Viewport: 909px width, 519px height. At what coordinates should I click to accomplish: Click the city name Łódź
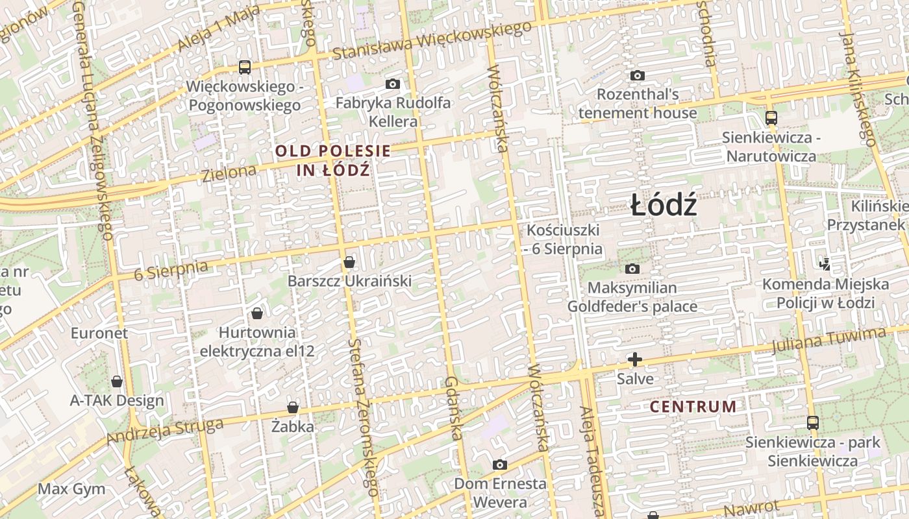point(664,206)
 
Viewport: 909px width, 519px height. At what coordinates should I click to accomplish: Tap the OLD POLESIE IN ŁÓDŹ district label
point(333,160)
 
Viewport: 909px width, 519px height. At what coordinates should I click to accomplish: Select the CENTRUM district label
point(693,407)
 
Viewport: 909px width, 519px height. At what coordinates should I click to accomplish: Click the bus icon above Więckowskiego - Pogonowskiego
point(245,67)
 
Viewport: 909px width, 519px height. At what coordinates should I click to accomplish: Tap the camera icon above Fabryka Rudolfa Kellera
point(392,84)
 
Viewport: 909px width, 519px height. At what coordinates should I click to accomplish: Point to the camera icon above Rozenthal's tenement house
point(638,76)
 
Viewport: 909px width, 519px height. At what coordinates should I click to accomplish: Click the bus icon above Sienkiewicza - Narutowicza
point(771,118)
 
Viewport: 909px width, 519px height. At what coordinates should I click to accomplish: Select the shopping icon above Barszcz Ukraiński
point(349,262)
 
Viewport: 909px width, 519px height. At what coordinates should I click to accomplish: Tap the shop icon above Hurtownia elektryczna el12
point(257,313)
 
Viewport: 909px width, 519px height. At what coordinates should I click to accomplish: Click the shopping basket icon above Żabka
point(293,407)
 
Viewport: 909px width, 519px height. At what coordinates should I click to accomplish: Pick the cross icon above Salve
point(634,359)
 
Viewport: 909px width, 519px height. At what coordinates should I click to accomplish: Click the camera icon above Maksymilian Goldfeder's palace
point(632,269)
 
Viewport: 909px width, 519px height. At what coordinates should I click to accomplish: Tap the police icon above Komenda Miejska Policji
point(825,264)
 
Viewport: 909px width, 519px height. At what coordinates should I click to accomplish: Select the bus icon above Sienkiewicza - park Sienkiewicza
point(812,423)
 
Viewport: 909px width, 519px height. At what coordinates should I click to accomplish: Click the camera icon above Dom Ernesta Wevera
point(499,465)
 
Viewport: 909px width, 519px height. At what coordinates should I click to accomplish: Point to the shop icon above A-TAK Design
point(117,381)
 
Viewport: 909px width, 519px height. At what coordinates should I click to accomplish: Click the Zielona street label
point(229,173)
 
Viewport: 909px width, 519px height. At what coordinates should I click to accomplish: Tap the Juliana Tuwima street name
point(828,340)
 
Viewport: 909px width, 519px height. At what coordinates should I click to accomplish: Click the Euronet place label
point(99,333)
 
